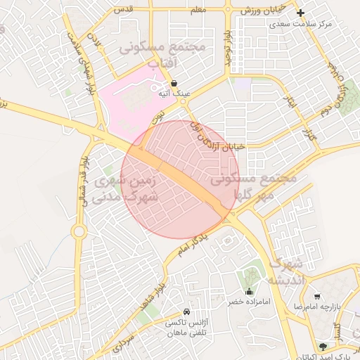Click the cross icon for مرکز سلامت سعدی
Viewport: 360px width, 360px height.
point(301,13)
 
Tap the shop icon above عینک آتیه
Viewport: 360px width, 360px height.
point(174,83)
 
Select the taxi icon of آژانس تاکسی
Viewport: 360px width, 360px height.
point(186,311)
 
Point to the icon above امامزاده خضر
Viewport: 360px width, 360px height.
point(247,292)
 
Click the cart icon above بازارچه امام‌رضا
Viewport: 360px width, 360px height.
point(318,297)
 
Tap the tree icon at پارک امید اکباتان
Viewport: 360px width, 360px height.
point(323,346)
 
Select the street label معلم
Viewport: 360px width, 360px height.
point(198,8)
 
